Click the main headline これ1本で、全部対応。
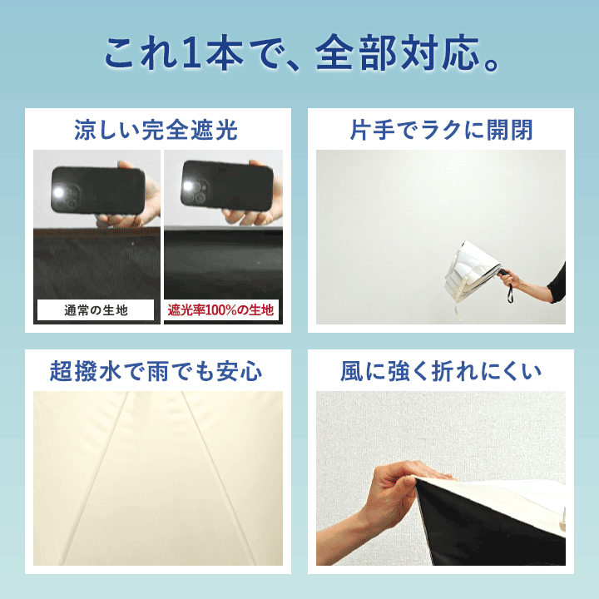[302, 52]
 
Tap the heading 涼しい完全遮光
[156, 130]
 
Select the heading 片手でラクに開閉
[441, 130]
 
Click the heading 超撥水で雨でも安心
[156, 371]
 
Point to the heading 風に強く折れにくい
[441, 371]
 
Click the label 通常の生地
[96, 310]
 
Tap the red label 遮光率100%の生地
[220, 309]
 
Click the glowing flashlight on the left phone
[58, 193]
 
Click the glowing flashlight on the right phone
[188, 186]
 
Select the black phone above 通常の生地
[98, 190]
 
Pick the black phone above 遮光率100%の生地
[227, 186]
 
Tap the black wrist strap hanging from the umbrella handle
[510, 292]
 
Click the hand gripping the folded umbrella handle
[510, 278]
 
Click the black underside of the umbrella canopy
[485, 527]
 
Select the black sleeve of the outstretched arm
[557, 284]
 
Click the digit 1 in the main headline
[191, 53]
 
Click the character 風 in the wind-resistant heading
[352, 371]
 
